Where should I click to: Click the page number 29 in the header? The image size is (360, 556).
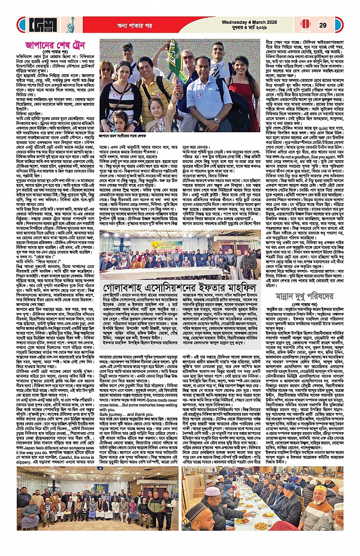(x=322, y=24)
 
